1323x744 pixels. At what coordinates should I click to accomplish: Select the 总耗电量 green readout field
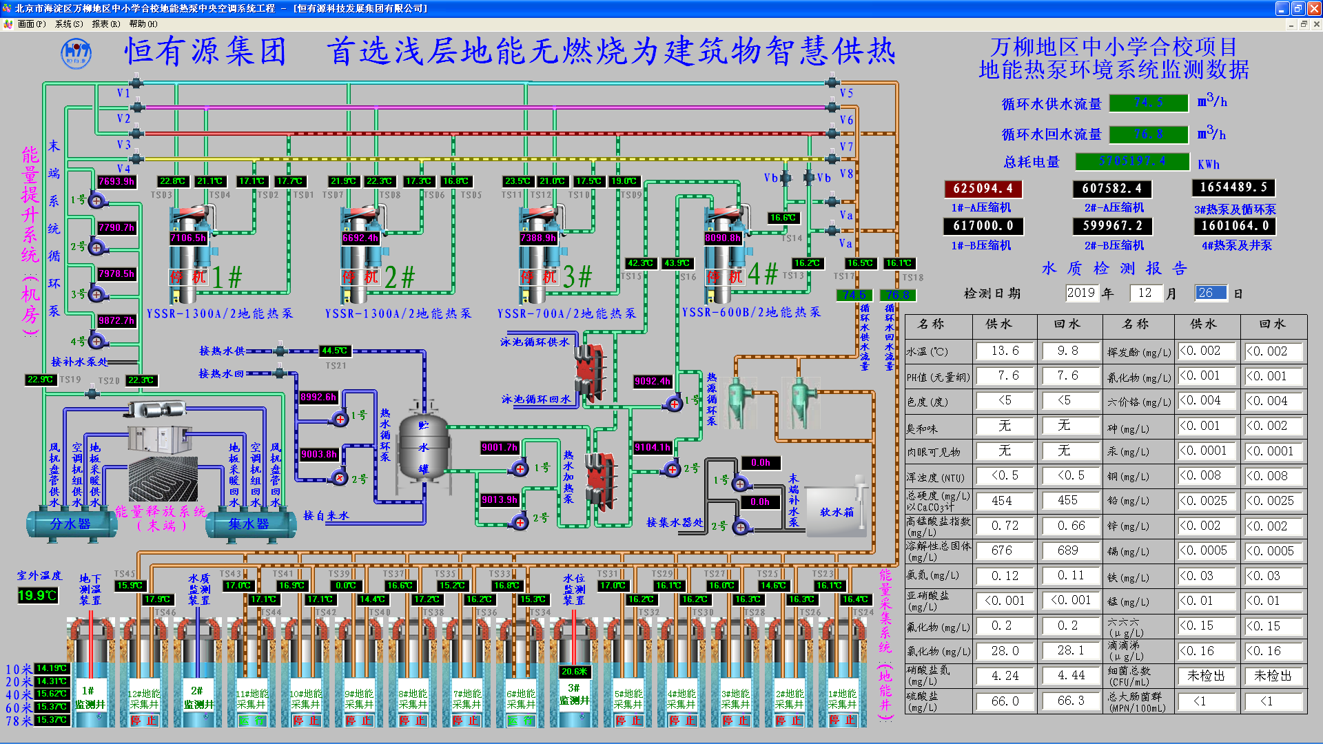pos(1132,161)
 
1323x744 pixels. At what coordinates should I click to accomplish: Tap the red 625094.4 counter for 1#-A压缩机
pos(983,189)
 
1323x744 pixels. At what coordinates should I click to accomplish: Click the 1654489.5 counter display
pos(1233,187)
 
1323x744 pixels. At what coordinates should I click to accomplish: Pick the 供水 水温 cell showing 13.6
pos(1005,351)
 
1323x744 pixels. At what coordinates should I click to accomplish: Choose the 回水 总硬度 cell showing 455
pos(1067,501)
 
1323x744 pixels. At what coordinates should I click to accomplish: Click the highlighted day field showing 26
pos(1211,293)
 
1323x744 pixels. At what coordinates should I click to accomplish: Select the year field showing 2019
pos(1080,293)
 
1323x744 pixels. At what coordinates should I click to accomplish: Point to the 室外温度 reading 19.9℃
pos(37,595)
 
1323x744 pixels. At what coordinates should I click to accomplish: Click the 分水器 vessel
pos(70,524)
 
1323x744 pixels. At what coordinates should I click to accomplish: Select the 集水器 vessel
pos(249,524)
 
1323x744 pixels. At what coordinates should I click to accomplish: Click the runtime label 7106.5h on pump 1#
pos(188,238)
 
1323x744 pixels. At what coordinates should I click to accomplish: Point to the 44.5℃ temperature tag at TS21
pos(334,351)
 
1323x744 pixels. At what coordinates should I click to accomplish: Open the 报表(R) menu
pos(105,23)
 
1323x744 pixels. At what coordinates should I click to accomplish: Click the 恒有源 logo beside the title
pos(76,53)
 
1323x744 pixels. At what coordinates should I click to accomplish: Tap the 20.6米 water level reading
pos(574,671)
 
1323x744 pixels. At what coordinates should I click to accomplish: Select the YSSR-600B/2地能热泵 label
pos(751,312)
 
